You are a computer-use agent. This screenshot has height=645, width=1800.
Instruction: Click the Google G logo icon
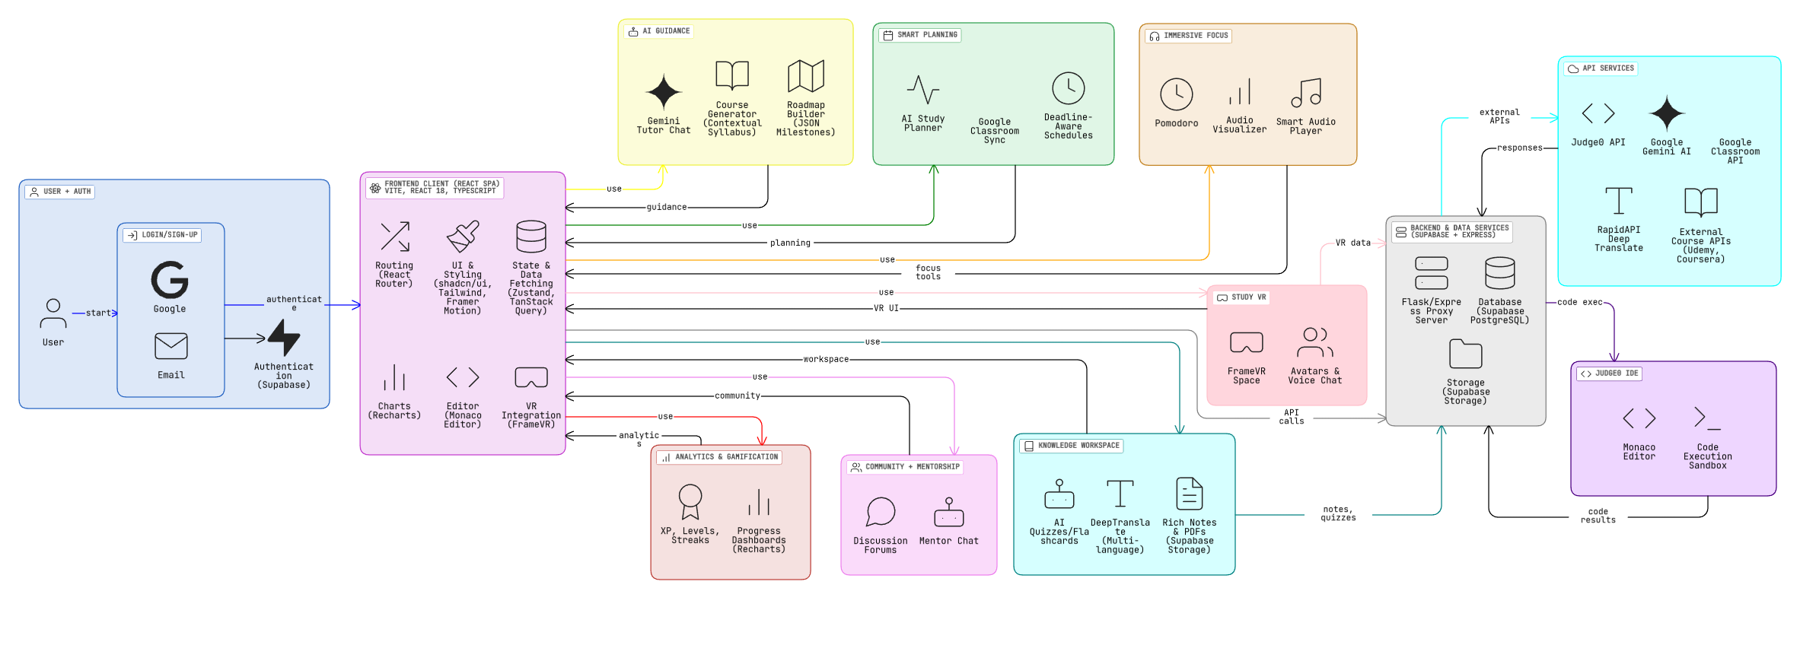coord(170,279)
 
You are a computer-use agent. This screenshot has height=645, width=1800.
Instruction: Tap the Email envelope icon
coord(171,346)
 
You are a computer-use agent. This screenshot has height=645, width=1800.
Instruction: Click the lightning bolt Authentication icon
coord(284,338)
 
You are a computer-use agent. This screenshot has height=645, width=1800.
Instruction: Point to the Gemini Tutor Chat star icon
coord(664,93)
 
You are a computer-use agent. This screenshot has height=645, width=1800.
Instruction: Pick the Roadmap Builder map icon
coord(806,76)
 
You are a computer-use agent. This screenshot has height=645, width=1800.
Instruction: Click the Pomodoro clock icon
coord(1177,94)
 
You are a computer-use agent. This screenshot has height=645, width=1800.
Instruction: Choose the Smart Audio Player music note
coord(1306,93)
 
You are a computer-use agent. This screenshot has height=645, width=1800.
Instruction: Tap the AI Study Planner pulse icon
coord(923,90)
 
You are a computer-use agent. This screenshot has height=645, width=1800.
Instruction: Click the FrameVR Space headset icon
coord(1247,343)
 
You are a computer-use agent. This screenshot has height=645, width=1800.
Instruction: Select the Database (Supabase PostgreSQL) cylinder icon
coord(1500,273)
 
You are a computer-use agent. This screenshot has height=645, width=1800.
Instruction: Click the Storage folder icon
coord(1466,354)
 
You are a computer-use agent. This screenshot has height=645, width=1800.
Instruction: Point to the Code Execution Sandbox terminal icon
coord(1707,418)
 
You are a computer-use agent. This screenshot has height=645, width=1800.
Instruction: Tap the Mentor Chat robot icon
coord(949,513)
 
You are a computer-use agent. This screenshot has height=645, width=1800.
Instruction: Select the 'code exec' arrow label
coord(1580,303)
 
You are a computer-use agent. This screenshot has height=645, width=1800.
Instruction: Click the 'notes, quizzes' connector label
coord(1339,514)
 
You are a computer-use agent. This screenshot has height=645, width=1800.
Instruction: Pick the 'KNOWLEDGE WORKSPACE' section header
coord(1078,446)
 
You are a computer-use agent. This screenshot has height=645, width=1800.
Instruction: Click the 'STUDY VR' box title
coord(1248,297)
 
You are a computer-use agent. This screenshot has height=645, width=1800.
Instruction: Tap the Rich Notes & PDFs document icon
coord(1190,494)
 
